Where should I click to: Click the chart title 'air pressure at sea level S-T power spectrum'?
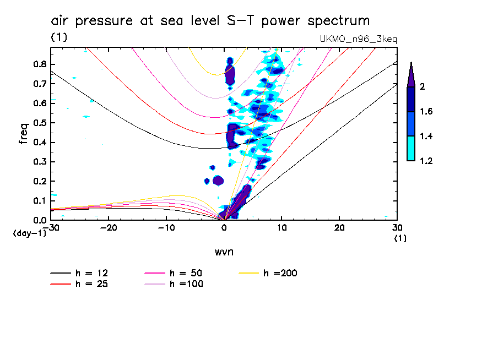(210, 21)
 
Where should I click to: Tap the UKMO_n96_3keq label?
(358, 39)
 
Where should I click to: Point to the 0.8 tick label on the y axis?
(39, 64)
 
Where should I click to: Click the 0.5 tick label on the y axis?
(39, 123)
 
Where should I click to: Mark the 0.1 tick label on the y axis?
(39, 201)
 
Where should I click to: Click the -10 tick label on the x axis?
(166, 227)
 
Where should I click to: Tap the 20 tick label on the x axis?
(339, 227)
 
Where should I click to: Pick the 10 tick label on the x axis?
(282, 227)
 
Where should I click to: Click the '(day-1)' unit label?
(30, 234)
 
